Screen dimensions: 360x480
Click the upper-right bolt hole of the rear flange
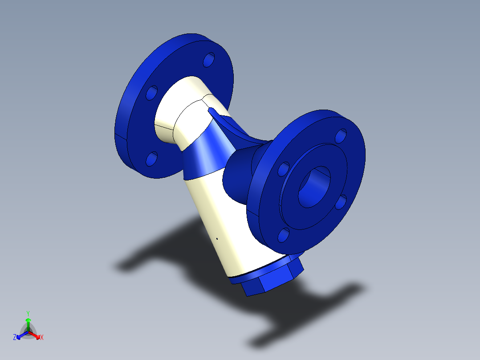(209, 60)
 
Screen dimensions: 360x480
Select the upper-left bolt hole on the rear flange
(152, 93)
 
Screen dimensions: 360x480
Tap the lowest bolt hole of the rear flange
(152, 159)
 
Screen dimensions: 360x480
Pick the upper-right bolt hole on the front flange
(341, 135)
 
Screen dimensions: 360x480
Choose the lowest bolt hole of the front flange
(284, 235)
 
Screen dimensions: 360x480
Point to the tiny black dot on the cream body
(217, 238)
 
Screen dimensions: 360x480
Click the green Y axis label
(28, 313)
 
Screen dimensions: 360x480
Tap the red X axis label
(42, 338)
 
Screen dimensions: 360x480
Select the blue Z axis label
(15, 338)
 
